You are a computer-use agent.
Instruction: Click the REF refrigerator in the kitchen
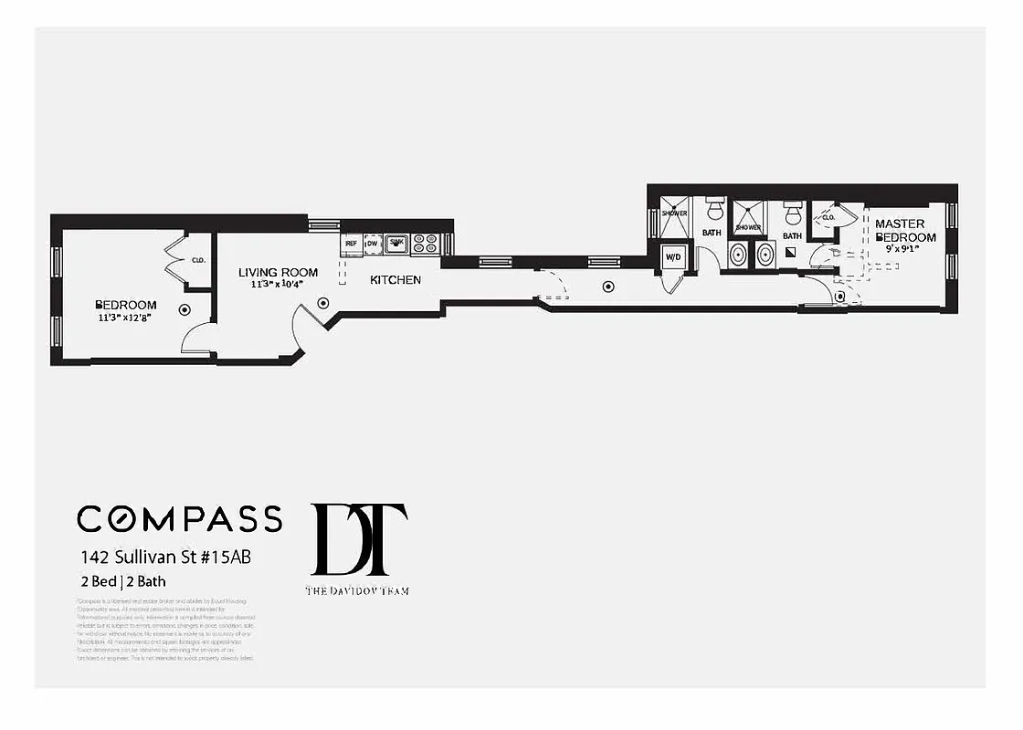point(352,244)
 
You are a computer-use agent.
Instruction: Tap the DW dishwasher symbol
point(373,244)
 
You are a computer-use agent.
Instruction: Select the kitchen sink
point(396,243)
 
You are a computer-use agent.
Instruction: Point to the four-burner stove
point(425,244)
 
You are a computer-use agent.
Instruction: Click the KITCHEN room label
point(395,280)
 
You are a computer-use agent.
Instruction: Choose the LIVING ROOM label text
point(278,272)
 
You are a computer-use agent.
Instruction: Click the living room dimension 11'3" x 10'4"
point(278,285)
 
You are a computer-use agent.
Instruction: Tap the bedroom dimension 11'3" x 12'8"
point(126,318)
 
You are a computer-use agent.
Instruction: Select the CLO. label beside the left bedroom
point(198,260)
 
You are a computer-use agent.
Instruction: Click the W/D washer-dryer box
point(673,257)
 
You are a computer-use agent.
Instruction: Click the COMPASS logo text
point(179,518)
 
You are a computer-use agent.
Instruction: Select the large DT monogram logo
point(358,539)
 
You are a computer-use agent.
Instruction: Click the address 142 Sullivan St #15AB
point(163,557)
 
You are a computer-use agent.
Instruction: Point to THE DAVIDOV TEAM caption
point(357,591)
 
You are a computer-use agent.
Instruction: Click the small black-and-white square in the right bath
point(791,251)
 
